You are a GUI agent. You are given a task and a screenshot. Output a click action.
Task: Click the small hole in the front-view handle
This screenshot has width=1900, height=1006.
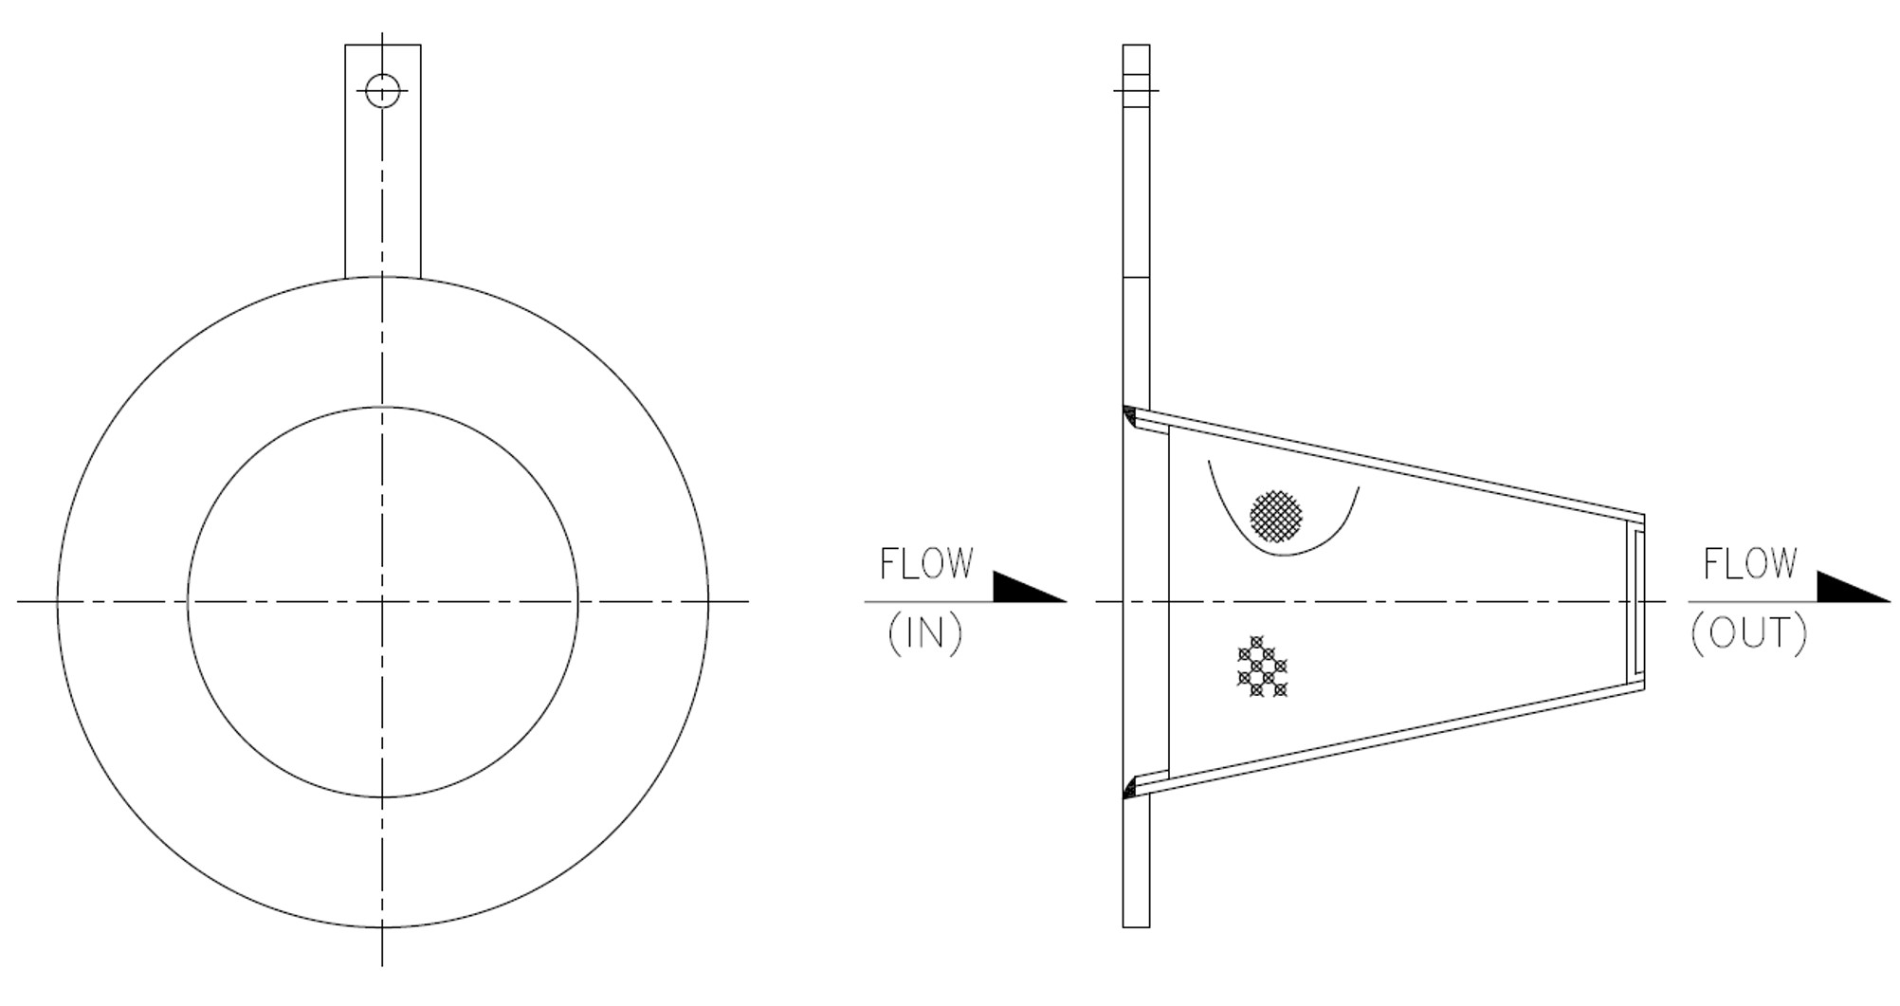[x=382, y=91]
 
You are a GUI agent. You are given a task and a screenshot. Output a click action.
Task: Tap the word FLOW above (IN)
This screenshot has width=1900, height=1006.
[x=926, y=564]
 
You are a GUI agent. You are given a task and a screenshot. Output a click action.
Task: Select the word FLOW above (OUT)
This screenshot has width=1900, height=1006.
[x=1749, y=564]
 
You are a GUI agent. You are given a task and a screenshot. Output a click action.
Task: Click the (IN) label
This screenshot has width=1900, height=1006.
[x=924, y=633]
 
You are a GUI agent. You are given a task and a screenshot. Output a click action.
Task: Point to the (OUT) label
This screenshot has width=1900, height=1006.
[x=1748, y=633]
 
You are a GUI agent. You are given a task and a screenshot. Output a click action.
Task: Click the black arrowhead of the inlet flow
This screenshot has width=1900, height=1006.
[x=1029, y=587]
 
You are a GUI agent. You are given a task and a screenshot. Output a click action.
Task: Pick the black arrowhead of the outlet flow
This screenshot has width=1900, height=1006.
[x=1853, y=587]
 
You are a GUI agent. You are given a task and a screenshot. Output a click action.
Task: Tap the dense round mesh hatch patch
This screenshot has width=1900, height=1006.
[x=1275, y=517]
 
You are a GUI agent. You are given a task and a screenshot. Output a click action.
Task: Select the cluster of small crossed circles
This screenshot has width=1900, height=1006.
[x=1262, y=667]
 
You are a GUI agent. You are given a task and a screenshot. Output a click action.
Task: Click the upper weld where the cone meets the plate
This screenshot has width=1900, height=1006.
[x=1129, y=415]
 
